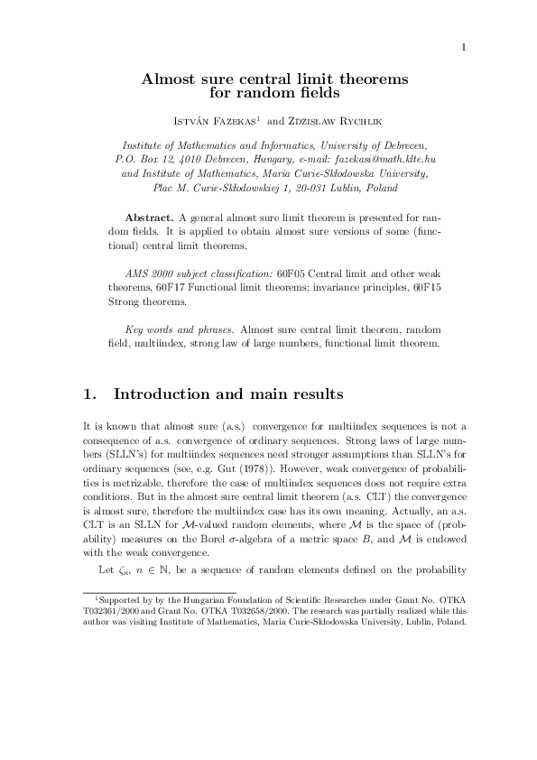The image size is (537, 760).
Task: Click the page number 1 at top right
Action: coord(461,47)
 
